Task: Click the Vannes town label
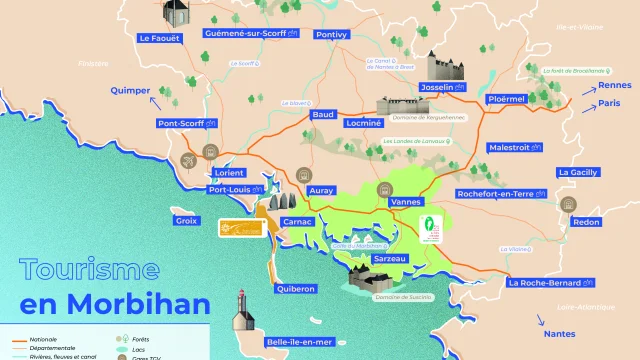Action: tap(408, 202)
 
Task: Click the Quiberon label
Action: tap(294, 288)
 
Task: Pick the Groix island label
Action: tap(186, 220)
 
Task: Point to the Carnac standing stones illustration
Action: tap(279, 202)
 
